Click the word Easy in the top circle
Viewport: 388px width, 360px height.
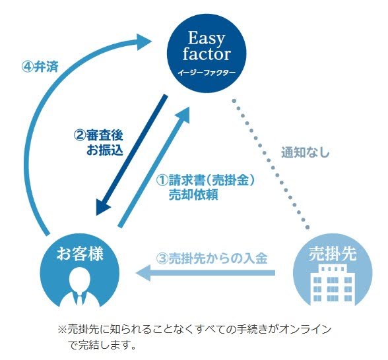pyautogui.click(x=207, y=38)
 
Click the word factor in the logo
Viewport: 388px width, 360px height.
pyautogui.click(x=207, y=54)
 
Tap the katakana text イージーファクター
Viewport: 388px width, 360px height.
pyautogui.click(x=207, y=73)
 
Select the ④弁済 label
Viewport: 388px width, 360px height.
pyautogui.click(x=40, y=67)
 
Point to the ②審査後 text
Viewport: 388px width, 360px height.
pyautogui.click(x=98, y=135)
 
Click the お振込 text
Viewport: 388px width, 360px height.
pyautogui.click(x=105, y=150)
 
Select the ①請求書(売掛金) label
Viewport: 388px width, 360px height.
pyautogui.click(x=205, y=180)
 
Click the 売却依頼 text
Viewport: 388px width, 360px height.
pyautogui.click(x=193, y=195)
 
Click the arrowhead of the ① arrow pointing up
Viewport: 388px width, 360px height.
pyautogui.click(x=183, y=114)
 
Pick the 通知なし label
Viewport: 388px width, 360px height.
pyautogui.click(x=306, y=152)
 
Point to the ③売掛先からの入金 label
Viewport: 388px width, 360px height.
pyautogui.click(x=212, y=258)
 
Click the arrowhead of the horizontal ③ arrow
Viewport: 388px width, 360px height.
pyautogui.click(x=144, y=273)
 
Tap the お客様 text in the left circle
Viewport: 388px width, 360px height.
pyautogui.click(x=80, y=254)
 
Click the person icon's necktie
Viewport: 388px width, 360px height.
pyautogui.click(x=79, y=299)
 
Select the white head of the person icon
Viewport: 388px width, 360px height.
pyautogui.click(x=79, y=278)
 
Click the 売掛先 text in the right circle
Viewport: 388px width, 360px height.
pyautogui.click(x=333, y=254)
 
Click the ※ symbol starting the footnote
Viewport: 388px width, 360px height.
pyautogui.click(x=62, y=330)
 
